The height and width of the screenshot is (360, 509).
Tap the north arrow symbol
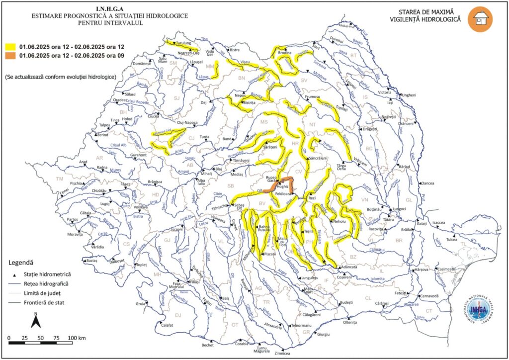click(36, 321)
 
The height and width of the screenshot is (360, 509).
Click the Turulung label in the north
click(187, 44)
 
